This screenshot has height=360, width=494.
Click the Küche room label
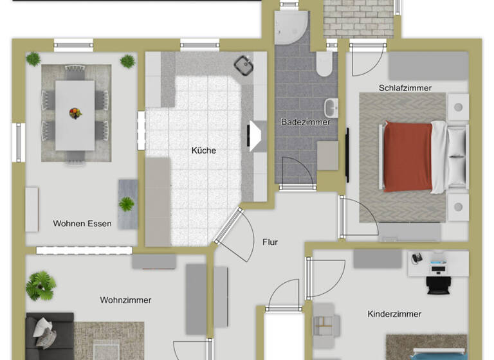click(x=203, y=150)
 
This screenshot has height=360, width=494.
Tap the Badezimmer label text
click(x=306, y=122)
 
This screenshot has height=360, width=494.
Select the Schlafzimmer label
click(x=405, y=87)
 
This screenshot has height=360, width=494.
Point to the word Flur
click(x=270, y=242)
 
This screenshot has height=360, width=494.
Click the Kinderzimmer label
click(x=394, y=314)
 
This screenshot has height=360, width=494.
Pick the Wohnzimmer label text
click(x=125, y=300)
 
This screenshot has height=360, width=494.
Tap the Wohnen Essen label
click(x=82, y=224)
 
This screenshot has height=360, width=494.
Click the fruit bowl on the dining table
click(x=75, y=113)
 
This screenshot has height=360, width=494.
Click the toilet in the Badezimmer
click(x=324, y=63)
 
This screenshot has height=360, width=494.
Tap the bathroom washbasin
click(x=331, y=107)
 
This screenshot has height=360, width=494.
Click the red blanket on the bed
click(x=408, y=156)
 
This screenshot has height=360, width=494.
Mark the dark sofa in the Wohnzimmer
click(x=48, y=337)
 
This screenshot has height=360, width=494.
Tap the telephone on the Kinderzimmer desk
click(x=417, y=258)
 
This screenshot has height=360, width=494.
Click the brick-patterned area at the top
click(x=358, y=18)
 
